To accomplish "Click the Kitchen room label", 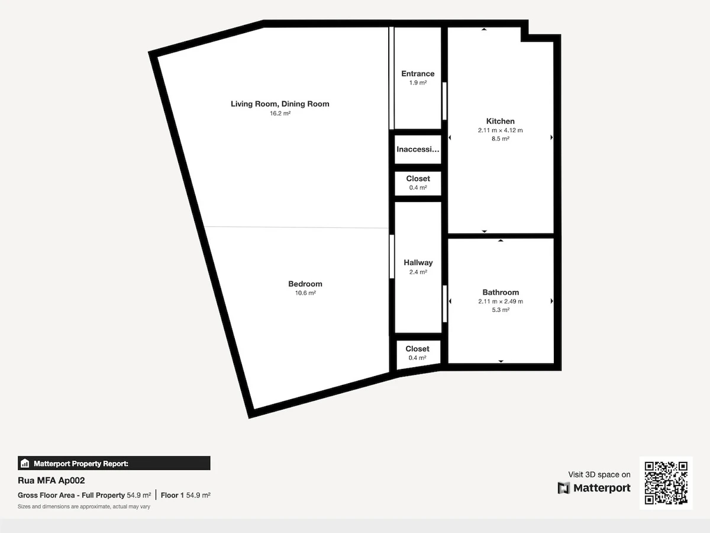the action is [x=500, y=121].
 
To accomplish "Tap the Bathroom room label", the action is [x=501, y=293].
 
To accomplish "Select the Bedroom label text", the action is [x=305, y=284].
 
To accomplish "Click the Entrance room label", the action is [x=418, y=74].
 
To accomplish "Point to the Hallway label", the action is [x=418, y=262].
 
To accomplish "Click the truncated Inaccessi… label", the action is [x=418, y=149].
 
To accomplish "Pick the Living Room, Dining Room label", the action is [x=280, y=104].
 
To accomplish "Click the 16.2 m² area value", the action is [x=280, y=113].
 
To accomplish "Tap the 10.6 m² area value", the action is [x=305, y=293].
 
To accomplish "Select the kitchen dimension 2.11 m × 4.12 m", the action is [x=500, y=130].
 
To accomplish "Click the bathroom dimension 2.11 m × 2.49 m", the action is [x=501, y=301].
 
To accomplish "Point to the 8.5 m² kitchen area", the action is [x=501, y=139].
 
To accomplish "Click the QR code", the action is [x=666, y=483].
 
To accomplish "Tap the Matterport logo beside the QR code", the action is [x=594, y=487].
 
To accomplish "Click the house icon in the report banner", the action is [x=25, y=464].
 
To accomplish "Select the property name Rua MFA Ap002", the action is [x=51, y=480].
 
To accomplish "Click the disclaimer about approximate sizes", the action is [x=84, y=506].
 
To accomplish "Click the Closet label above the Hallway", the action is [x=418, y=179].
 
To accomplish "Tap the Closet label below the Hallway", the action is [x=417, y=349].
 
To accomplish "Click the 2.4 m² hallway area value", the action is [x=418, y=272].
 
